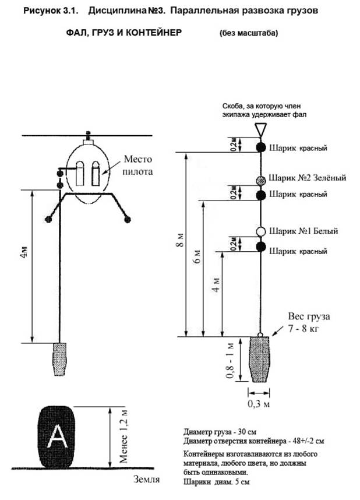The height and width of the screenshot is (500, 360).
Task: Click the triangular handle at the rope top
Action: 260,130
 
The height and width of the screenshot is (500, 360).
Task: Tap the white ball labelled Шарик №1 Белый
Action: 261,231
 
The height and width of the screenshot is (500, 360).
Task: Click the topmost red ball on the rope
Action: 261,147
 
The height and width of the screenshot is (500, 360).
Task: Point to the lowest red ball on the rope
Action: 261,247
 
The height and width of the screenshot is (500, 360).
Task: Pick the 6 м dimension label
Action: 197,256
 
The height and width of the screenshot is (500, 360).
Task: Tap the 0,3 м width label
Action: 259,404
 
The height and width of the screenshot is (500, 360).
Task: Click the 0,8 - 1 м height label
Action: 231,361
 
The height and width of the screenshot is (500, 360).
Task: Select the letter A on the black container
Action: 58,437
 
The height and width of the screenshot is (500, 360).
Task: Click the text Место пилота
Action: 137,165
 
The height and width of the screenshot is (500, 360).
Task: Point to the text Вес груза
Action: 309,316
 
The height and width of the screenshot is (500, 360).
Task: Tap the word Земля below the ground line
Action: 146,479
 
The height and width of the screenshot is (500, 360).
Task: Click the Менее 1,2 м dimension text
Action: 123,436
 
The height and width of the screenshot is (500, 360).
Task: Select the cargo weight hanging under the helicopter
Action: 59,359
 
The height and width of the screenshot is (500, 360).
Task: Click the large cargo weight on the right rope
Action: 260,360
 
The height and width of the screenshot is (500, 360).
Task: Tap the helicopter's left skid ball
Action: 48,219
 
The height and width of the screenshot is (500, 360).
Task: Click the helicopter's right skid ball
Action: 128,219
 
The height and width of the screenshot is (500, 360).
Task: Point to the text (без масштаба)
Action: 249,33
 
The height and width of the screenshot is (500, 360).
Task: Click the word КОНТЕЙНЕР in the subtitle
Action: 154,33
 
